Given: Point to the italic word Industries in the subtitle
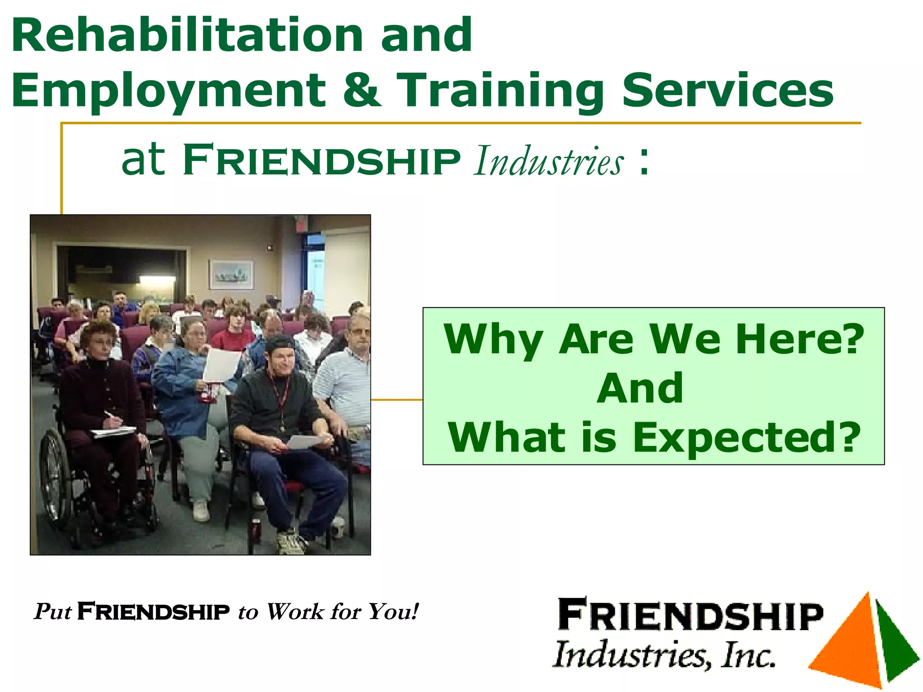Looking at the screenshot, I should (x=549, y=161).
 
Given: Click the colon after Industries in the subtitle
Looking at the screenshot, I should (x=644, y=161).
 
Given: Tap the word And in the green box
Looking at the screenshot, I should (x=640, y=388).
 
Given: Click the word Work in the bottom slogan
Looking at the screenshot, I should (x=295, y=612).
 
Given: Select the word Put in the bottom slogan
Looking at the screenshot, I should (x=53, y=612).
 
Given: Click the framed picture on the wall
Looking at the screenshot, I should (x=231, y=274).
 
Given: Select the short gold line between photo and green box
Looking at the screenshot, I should (x=397, y=400).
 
